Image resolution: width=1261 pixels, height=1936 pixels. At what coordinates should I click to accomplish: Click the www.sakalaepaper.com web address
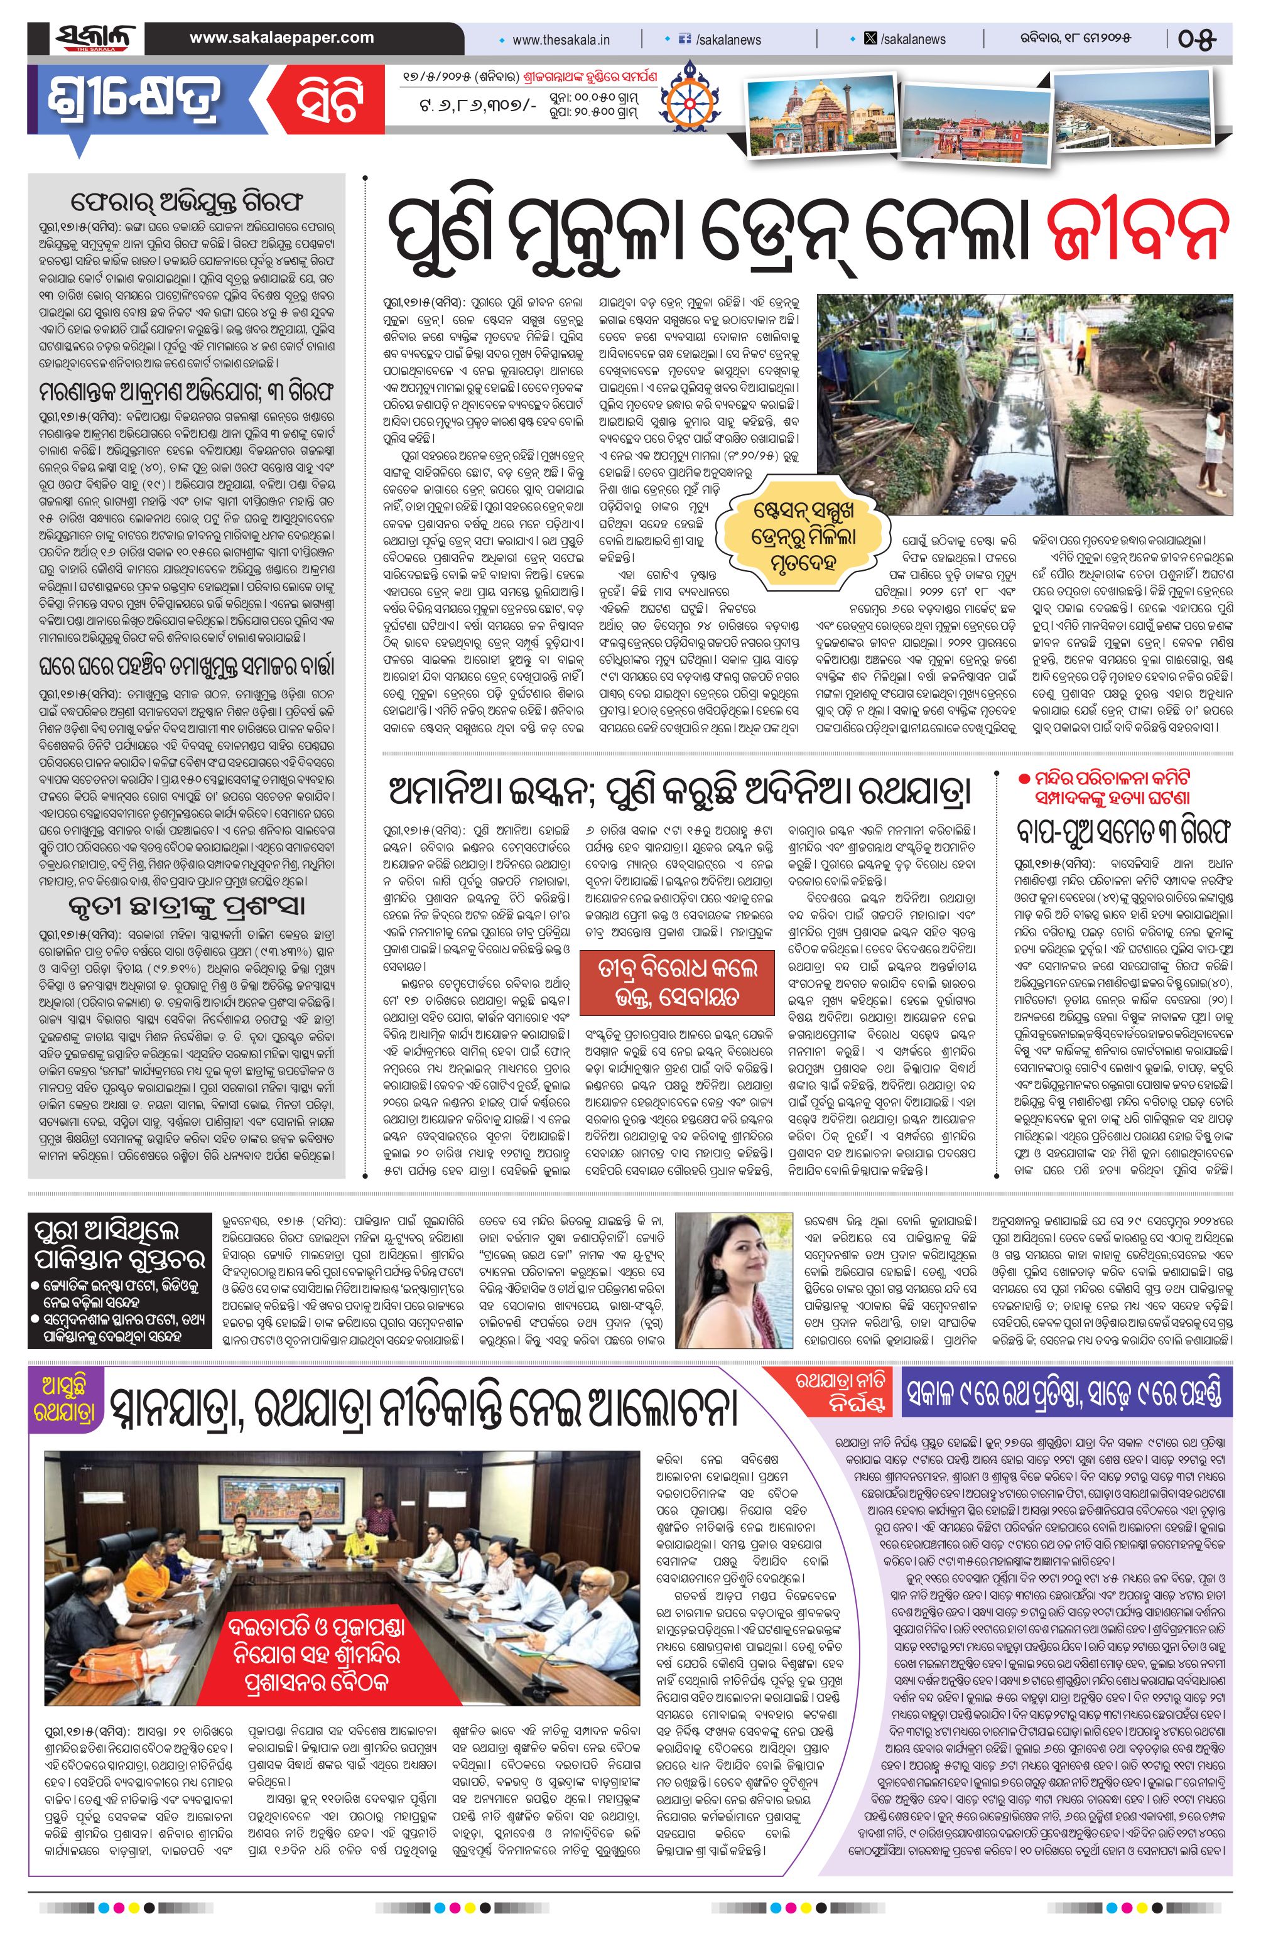coord(281,38)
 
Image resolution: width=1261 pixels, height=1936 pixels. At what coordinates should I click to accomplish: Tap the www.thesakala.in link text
coord(561,39)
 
